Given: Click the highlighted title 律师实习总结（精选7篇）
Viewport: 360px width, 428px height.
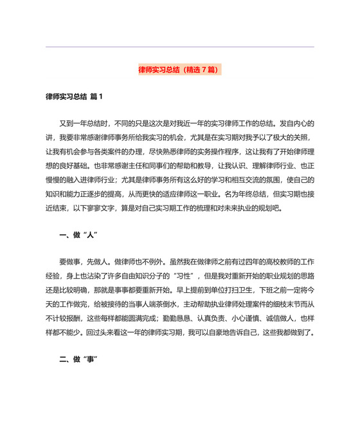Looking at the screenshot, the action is point(179,69).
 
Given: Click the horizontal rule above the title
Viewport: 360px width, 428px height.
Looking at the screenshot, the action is point(179,46).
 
